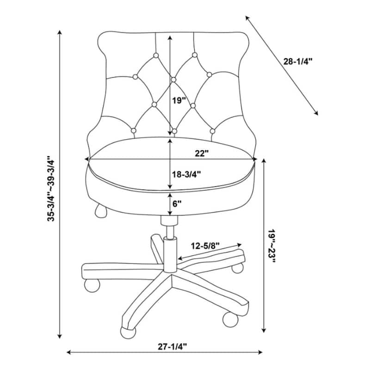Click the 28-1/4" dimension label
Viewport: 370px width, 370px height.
(297, 62)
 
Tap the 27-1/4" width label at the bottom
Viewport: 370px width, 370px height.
(172, 346)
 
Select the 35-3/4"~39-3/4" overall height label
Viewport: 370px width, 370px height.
(51, 188)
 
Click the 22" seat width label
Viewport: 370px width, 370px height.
(202, 154)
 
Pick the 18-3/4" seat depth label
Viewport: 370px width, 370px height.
(186, 174)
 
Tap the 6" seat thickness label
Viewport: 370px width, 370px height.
(177, 203)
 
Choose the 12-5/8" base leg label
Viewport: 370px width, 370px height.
(205, 246)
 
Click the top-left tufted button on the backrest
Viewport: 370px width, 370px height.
(156, 55)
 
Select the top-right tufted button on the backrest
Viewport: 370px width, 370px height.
(195, 55)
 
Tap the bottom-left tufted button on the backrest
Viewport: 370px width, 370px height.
(134, 130)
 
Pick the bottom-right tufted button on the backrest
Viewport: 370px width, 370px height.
(212, 131)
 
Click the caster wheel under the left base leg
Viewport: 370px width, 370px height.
(92, 285)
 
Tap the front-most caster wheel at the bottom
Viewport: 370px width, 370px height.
(128, 333)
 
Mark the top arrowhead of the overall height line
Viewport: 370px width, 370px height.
(60, 32)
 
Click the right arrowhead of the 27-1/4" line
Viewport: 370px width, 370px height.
(260, 352)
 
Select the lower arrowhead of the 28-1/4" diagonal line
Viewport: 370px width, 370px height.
(316, 113)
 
